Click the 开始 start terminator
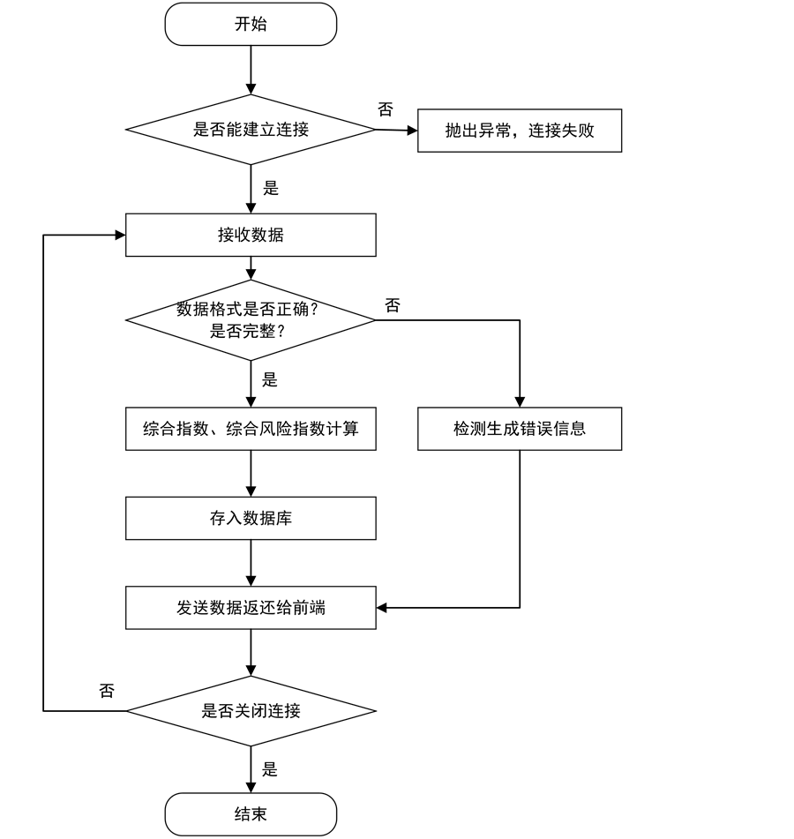coord(251,25)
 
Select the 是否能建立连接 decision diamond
coord(251,131)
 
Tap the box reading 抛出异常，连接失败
coord(519,131)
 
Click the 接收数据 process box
coord(251,236)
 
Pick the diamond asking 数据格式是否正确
coord(251,319)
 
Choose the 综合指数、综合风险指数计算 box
coord(251,429)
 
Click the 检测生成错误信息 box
coord(519,429)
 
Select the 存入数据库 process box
coord(251,519)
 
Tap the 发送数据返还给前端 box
coord(251,608)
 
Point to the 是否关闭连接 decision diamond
coord(251,711)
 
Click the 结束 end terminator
coord(251,814)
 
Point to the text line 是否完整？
coord(251,332)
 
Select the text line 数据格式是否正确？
coord(247,310)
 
